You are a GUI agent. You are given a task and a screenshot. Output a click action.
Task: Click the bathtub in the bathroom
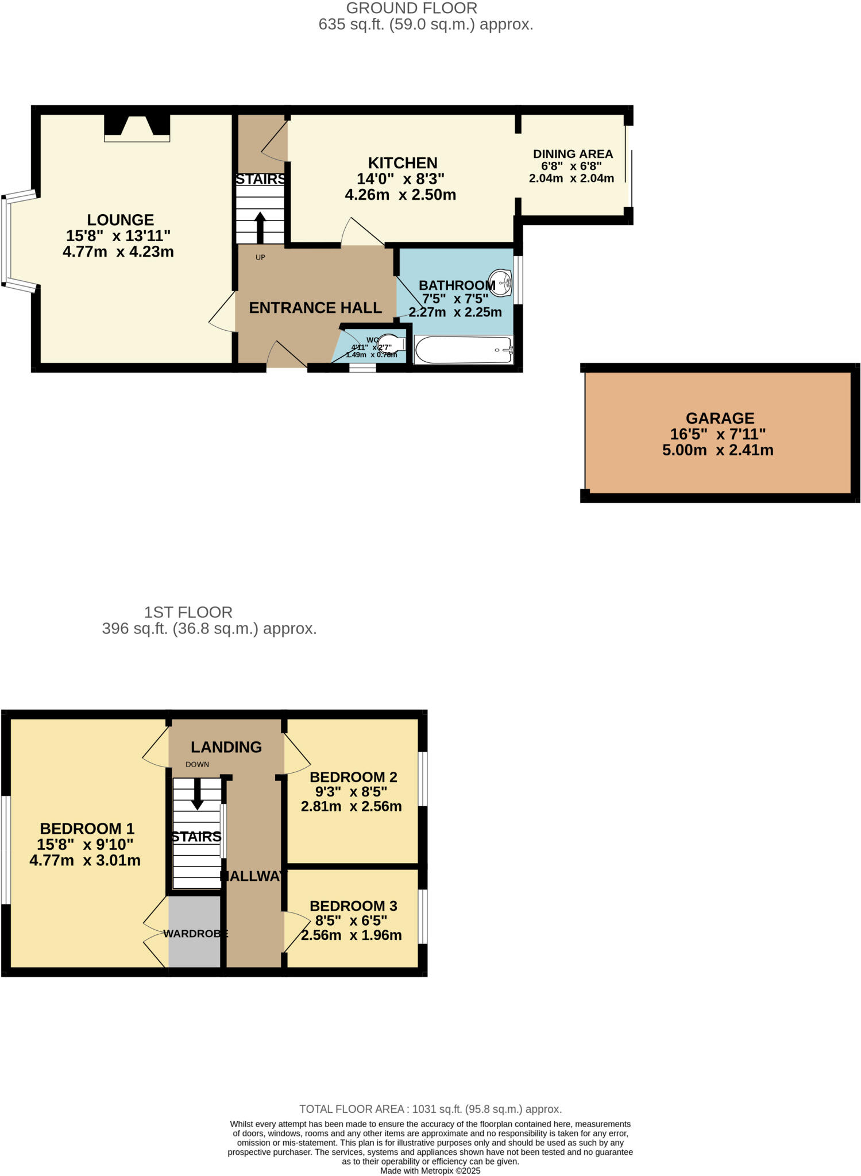point(463,350)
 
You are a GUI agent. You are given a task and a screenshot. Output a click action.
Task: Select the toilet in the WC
point(392,343)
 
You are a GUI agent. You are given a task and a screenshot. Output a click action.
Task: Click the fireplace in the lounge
point(137,128)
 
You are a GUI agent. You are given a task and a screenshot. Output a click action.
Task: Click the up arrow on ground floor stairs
point(260,227)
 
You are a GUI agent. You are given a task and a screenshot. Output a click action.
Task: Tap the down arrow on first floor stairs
point(197,795)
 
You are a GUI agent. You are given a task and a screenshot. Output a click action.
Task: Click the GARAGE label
point(720,418)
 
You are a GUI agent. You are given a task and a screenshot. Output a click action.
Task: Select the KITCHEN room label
point(403,163)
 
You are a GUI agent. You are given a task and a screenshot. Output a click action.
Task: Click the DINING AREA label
point(573,154)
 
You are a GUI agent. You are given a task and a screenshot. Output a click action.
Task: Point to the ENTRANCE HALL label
point(315,308)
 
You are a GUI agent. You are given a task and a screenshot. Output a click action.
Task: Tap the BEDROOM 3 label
point(353,906)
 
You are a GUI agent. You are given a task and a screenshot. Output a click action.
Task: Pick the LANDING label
point(226,746)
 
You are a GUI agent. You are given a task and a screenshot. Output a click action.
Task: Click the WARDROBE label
point(195,933)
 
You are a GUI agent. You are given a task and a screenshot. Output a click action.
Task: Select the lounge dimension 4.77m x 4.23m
point(118,252)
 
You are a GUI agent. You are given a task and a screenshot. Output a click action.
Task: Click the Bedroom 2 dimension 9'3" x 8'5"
point(351,791)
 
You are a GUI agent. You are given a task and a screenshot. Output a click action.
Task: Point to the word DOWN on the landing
point(197,764)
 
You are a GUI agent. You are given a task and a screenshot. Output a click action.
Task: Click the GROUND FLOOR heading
point(411,9)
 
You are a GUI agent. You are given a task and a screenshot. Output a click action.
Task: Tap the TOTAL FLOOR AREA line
point(430,1109)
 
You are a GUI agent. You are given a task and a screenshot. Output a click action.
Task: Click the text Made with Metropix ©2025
point(430,1170)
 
